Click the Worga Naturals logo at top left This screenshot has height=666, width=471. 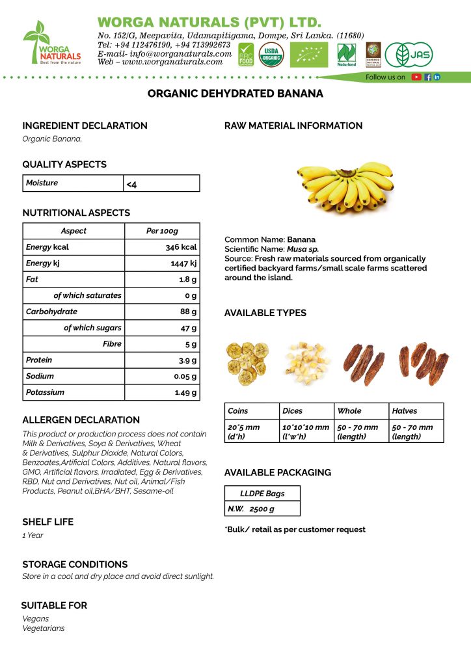coord(51,43)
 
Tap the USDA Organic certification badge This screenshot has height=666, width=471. coord(271,54)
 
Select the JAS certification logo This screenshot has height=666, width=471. coord(408,55)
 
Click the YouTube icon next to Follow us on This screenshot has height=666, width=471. coord(416,77)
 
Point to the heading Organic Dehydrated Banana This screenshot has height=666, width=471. coord(235,94)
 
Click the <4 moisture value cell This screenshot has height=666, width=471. coord(132,185)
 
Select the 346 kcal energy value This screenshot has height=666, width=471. coord(181,247)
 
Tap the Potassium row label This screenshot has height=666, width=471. coord(46,392)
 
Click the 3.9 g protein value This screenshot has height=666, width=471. coord(185,360)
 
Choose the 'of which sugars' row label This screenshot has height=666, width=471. coord(92,328)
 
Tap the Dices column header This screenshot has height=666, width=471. coord(293,411)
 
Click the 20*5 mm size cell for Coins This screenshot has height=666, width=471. coord(244,431)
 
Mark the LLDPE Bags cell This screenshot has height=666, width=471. coord(262,494)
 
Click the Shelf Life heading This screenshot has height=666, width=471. coord(48,522)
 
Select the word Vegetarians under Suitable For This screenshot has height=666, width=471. coord(44,628)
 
